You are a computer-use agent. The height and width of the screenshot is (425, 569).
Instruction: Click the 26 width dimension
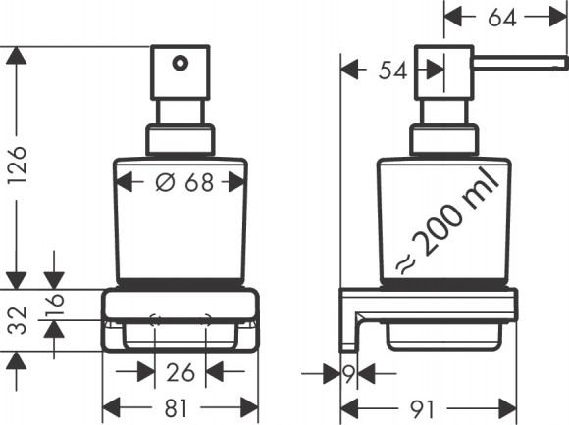click(181, 372)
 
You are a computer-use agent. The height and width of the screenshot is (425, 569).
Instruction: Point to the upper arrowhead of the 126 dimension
click(15, 56)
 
